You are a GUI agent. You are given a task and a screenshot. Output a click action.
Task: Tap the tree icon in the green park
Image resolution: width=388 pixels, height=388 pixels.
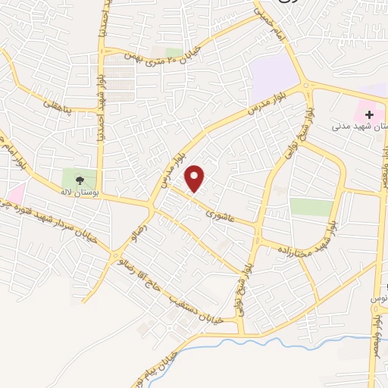80,180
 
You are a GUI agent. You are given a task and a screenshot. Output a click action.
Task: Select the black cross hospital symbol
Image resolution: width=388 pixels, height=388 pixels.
370,115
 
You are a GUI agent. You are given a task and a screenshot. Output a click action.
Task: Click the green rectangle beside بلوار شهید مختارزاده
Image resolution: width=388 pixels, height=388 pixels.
311,207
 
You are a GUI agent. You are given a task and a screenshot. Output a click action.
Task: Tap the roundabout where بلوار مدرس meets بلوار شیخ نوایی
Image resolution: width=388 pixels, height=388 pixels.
308,87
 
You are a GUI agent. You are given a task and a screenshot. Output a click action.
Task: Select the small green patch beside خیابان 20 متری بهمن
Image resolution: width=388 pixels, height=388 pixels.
174,52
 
